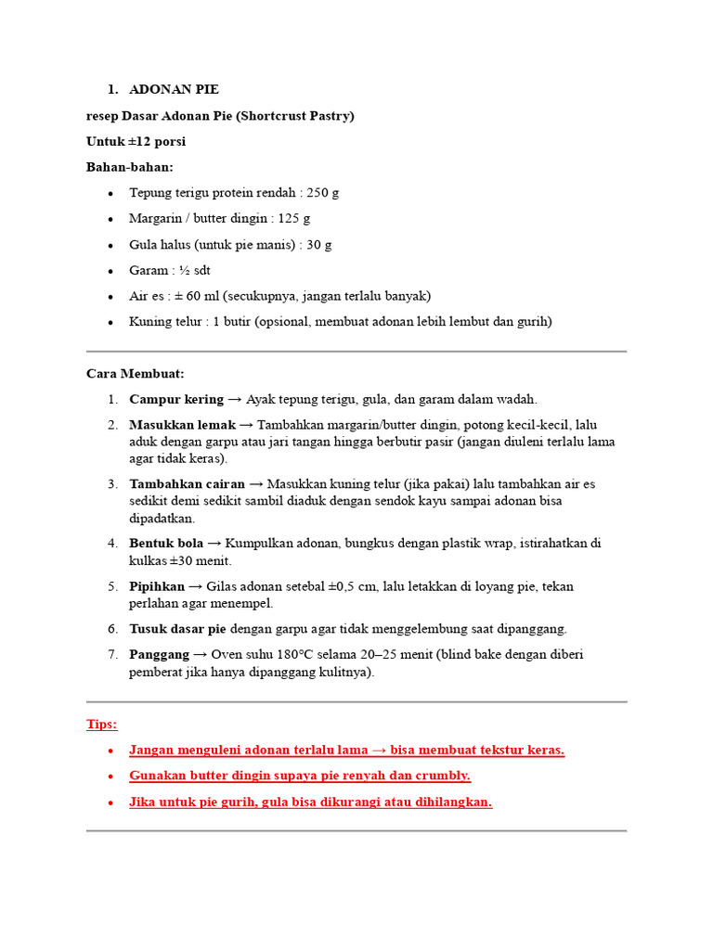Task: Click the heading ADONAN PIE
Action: tap(174, 90)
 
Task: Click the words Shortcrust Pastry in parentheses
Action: tap(299, 116)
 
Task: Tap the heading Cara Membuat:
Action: tap(136, 374)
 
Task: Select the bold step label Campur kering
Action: tap(176, 400)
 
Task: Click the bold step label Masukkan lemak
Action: tap(182, 425)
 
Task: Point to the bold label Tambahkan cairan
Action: tap(187, 484)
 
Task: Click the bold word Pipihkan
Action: tap(157, 586)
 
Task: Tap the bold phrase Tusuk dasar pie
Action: tap(178, 629)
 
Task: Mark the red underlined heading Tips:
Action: tap(102, 724)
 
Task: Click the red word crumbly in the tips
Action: tap(442, 776)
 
